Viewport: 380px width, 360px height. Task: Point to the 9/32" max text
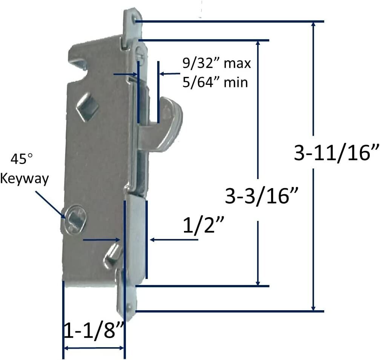216,63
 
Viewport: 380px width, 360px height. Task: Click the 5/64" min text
216,82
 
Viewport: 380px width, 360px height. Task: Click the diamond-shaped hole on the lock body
87,108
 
